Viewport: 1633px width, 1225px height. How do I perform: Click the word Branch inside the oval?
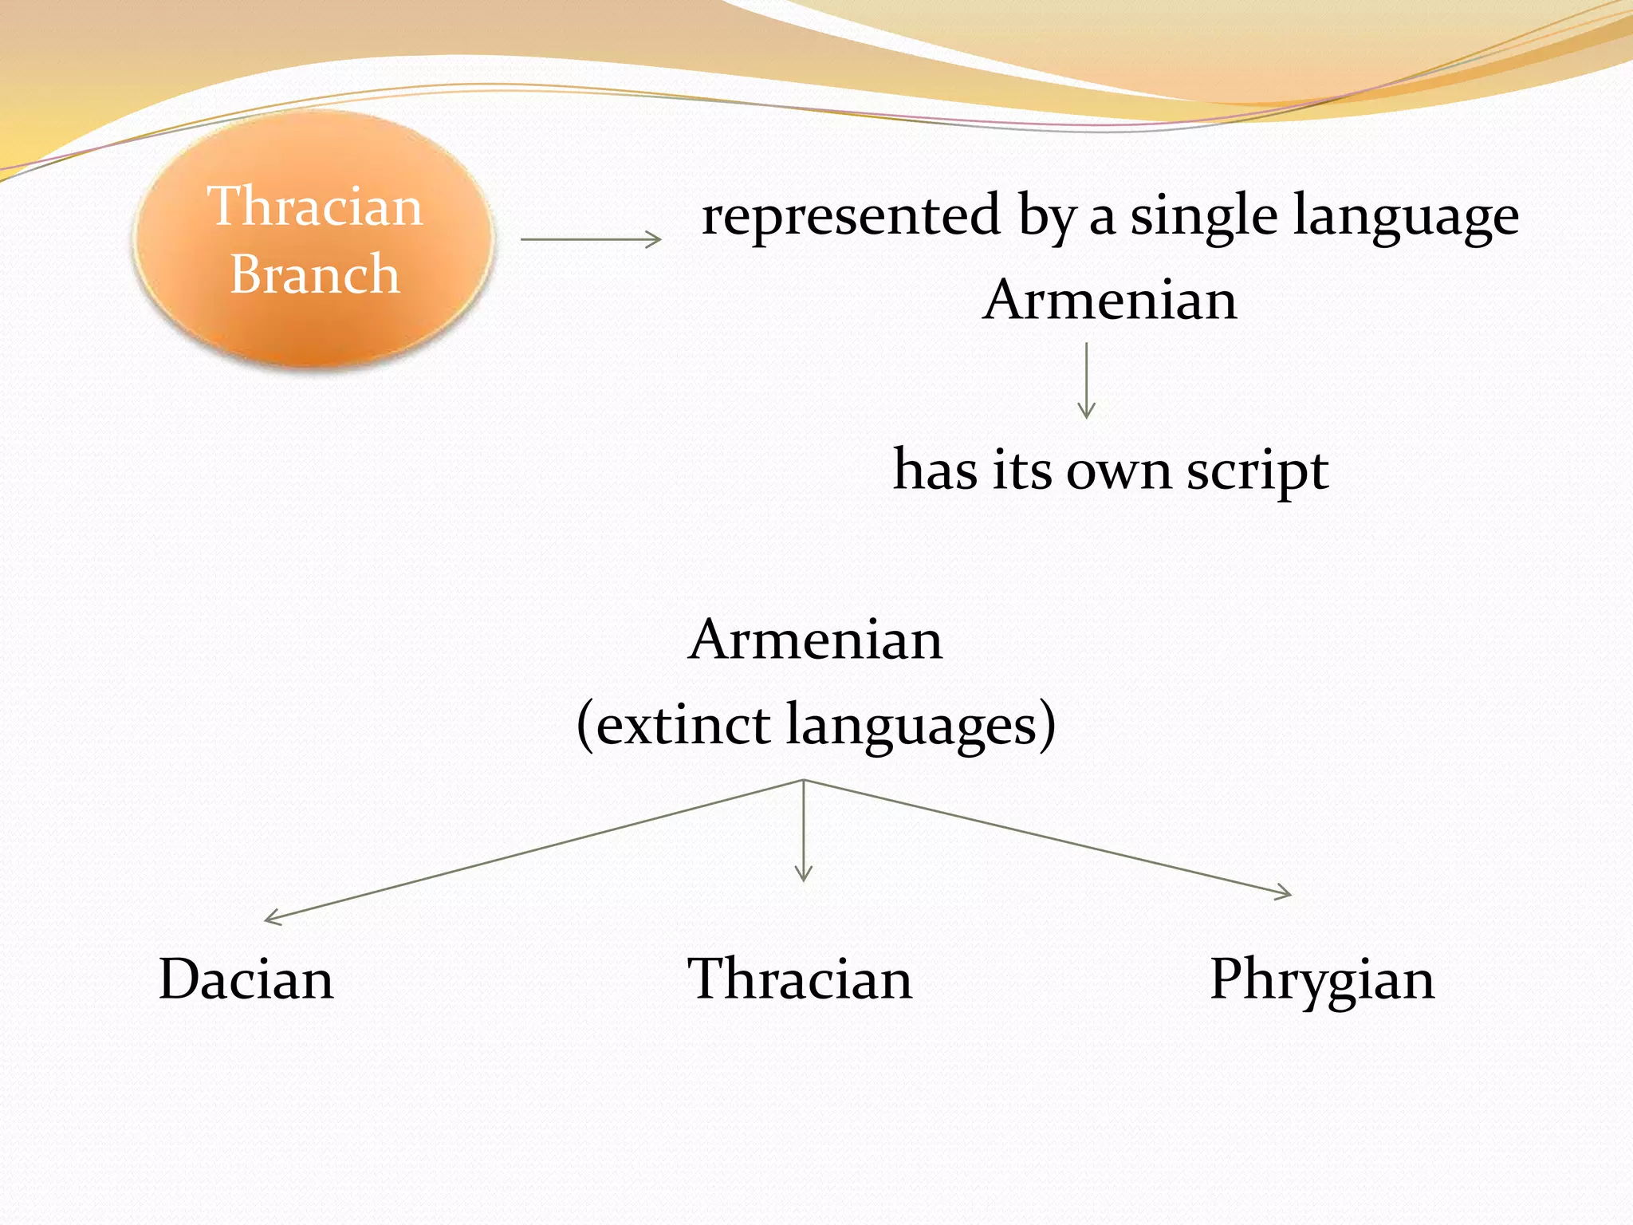314,274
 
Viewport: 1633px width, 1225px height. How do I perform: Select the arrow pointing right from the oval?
590,238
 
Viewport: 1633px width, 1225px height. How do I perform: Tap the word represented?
850,215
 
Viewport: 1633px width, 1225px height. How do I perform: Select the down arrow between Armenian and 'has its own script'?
1086,380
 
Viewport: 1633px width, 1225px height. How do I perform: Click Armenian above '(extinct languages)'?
815,640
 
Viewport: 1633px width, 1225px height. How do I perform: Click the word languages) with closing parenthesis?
921,726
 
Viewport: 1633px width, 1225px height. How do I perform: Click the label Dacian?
246,979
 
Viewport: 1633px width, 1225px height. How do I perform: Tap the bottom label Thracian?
800,979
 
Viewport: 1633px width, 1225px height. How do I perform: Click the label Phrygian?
1321,979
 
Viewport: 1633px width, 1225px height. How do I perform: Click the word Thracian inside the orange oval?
314,207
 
